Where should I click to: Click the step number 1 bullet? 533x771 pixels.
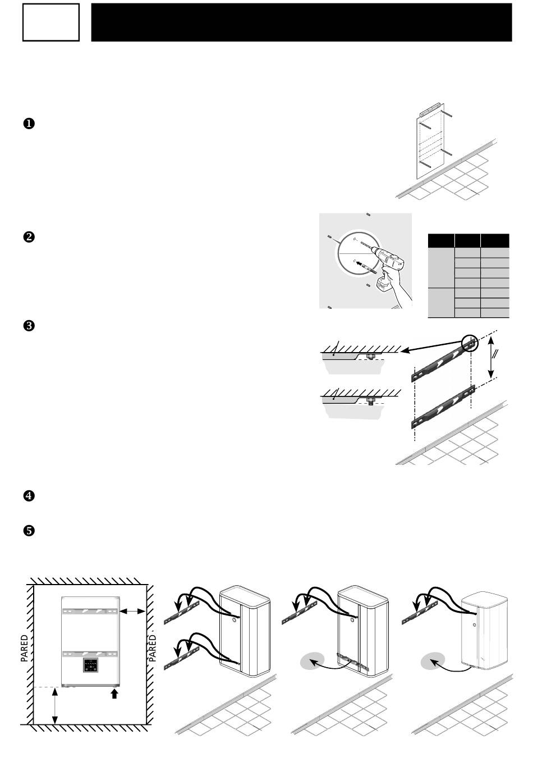pos(29,124)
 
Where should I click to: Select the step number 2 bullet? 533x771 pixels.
pos(29,237)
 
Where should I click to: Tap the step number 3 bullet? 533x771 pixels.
pos(29,326)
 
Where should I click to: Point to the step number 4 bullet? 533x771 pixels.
pos(29,496)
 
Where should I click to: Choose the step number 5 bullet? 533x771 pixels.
pos(29,531)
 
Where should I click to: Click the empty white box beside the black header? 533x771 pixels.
pos(51,22)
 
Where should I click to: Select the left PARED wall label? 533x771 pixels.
pos(25,649)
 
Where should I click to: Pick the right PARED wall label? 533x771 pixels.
pos(153,648)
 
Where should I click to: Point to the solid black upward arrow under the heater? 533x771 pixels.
pos(115,693)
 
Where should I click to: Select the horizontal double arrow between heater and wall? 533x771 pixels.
pos(132,612)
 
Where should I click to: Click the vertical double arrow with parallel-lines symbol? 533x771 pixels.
pos(491,357)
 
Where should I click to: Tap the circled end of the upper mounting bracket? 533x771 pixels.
pos(470,344)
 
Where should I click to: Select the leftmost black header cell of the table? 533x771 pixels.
pos(441,240)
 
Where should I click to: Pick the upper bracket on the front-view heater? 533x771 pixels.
pos(90,611)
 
